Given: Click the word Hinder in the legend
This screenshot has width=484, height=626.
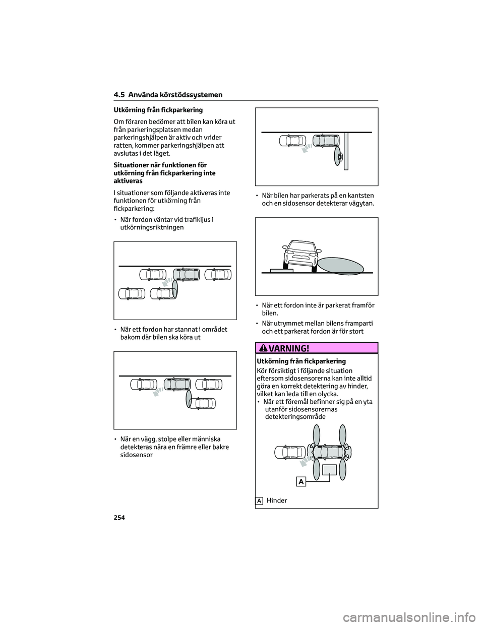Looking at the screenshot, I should coord(277,500).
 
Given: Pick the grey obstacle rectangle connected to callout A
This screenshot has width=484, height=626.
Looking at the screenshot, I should coord(329,470).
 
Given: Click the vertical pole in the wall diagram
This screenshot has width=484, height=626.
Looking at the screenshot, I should coord(346,151).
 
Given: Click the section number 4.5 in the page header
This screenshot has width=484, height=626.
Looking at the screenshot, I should coord(118,95).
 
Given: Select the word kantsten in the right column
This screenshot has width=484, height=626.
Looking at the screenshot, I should coord(360,195).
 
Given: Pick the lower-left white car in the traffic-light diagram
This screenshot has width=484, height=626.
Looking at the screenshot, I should coord(132,293).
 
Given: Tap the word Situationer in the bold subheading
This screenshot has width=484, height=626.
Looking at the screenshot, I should coord(130,165).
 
